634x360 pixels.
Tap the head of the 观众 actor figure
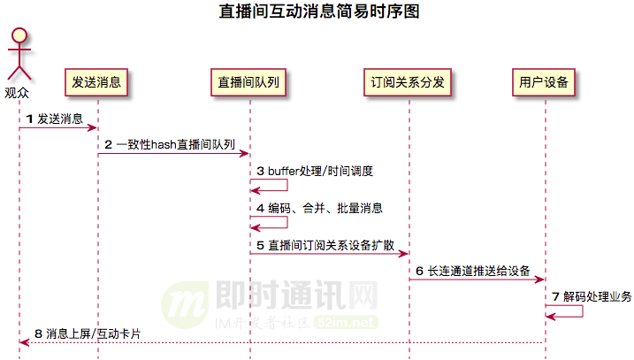point(19,36)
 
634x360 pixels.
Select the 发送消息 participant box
point(97,82)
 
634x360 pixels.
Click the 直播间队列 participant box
point(249,82)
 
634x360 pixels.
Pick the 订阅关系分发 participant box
point(409,82)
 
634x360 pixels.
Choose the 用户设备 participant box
point(545,82)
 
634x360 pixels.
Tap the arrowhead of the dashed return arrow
point(23,342)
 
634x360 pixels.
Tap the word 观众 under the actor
point(17,90)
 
